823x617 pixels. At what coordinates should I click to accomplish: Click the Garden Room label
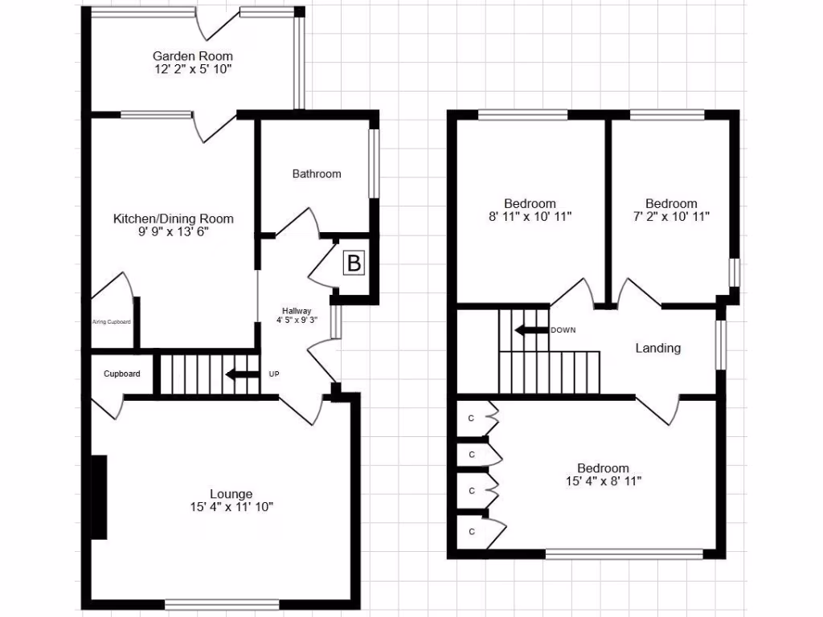point(193,55)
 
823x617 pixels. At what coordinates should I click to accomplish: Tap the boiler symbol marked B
point(354,263)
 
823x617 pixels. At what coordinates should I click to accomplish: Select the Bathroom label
point(317,174)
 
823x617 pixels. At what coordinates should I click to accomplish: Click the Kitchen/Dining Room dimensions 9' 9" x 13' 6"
point(174,233)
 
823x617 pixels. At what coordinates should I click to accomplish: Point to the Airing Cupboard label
point(111,322)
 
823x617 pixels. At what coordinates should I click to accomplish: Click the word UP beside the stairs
point(274,374)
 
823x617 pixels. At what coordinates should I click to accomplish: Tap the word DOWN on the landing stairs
point(563,330)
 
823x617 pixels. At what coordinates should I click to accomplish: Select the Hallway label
point(296,311)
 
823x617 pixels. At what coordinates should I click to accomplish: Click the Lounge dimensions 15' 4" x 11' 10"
point(231,507)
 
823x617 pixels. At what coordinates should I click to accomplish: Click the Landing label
point(658,348)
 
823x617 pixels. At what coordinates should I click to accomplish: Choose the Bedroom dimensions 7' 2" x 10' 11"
point(671,217)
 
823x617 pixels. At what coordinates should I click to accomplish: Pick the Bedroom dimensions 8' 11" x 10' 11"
point(530,217)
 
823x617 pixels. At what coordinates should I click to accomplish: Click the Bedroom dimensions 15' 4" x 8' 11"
point(603,481)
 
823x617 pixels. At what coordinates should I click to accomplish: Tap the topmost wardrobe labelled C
point(472,418)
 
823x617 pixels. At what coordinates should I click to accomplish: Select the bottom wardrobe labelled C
point(472,531)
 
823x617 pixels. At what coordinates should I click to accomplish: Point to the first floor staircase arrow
point(530,330)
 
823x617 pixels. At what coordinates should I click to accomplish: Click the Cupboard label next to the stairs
point(122,374)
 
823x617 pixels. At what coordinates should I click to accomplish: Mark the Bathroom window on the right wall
point(374,163)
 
